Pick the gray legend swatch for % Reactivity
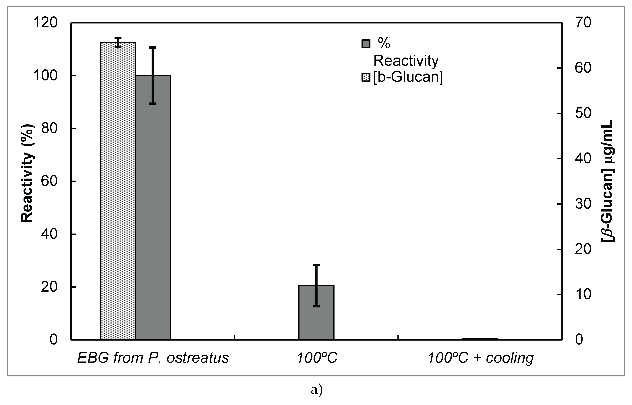click(x=366, y=44)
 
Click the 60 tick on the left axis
click(x=49, y=181)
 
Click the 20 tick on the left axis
click(x=49, y=287)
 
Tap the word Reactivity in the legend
click(x=406, y=61)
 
